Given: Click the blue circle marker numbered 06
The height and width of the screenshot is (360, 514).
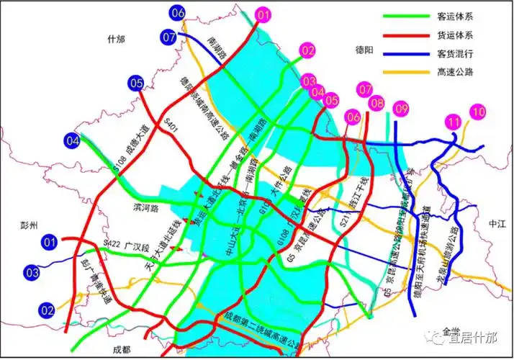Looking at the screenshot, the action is click(178, 12).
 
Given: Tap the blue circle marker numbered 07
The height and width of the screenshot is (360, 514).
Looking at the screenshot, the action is click(170, 37).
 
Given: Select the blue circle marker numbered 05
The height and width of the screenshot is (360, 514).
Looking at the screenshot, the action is click(137, 84).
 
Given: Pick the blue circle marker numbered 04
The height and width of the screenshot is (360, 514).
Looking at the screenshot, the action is click(73, 141).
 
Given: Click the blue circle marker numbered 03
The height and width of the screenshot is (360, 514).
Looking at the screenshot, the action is click(32, 273).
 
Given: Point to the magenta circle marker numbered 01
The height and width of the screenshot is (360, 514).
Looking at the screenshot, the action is click(263, 14).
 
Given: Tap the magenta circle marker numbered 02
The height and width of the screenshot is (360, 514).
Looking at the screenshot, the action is click(307, 50).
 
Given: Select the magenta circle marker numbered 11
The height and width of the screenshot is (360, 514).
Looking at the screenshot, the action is click(453, 122).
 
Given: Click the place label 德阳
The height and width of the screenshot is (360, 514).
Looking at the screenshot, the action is click(366, 50).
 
